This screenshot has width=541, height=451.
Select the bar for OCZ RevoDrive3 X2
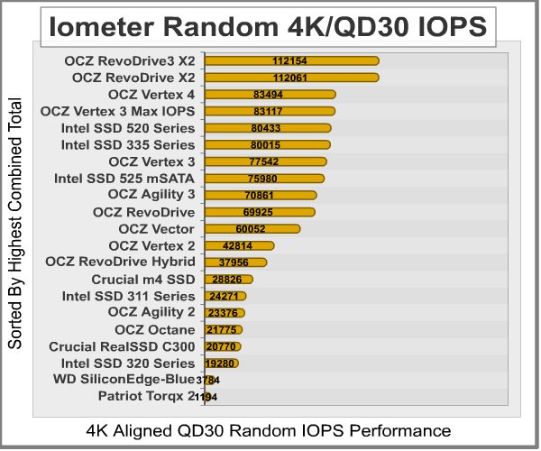point(291,60)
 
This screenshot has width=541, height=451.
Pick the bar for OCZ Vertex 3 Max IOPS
point(270,111)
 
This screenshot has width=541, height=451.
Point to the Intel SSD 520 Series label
point(127,127)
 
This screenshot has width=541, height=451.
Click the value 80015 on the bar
point(269,144)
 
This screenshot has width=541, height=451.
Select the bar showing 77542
point(266,161)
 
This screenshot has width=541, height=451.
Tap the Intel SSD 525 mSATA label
point(124,178)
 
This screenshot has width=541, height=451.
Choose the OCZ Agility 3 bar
point(261,195)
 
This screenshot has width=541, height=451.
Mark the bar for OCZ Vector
point(252,229)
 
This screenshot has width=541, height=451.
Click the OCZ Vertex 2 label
point(151,245)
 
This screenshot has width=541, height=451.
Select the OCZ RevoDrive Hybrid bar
point(236,262)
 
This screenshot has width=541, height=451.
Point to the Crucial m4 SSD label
point(142,280)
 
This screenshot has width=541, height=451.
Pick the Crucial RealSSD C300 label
point(122,346)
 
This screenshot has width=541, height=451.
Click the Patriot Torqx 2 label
point(146,396)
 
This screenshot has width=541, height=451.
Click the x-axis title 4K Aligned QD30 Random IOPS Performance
point(269,430)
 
